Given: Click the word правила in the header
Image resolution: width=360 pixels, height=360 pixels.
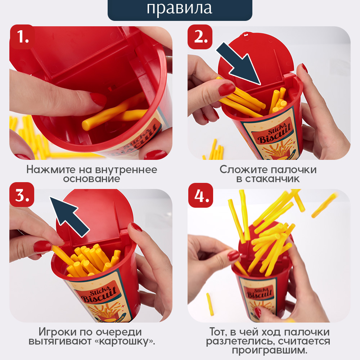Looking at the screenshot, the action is pyautogui.click(x=179, y=8).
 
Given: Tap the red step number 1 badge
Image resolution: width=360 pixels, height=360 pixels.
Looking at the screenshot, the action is pyautogui.click(x=22, y=37).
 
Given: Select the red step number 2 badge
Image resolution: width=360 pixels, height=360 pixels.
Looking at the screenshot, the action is pyautogui.click(x=200, y=37).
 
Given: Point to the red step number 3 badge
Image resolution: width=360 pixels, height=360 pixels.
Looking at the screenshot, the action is pyautogui.click(x=22, y=195).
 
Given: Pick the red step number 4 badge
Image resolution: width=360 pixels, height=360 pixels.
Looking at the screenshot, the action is pyautogui.click(x=201, y=195).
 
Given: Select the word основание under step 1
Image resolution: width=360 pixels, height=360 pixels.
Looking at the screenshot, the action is pyautogui.click(x=91, y=179).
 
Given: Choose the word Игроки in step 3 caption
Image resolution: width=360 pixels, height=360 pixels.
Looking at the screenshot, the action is pyautogui.click(x=58, y=332).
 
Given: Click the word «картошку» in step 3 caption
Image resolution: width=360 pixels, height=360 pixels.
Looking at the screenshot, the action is pyautogui.click(x=125, y=341).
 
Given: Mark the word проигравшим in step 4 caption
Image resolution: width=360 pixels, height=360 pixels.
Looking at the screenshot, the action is pyautogui.click(x=270, y=350).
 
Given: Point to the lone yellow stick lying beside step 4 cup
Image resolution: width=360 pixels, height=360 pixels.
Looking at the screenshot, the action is pyautogui.click(x=210, y=304).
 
